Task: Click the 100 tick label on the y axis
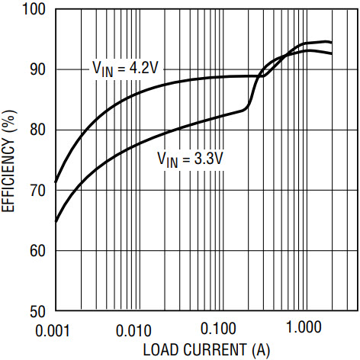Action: [34, 9]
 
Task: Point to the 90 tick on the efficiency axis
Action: [37, 69]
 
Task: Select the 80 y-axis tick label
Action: [37, 130]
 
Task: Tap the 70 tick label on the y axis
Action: [37, 191]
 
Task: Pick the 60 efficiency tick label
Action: [37, 251]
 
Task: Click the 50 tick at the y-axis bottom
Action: [37, 311]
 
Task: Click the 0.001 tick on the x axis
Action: [53, 331]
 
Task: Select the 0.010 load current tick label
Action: [133, 331]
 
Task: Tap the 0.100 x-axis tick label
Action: [218, 329]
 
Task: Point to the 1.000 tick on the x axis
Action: [304, 327]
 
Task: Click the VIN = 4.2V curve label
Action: [126, 69]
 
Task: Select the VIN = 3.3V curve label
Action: [191, 159]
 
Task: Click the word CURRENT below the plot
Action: [215, 349]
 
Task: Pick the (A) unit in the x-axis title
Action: [261, 350]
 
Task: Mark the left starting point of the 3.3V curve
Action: [56, 221]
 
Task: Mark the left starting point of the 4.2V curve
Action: [56, 182]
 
